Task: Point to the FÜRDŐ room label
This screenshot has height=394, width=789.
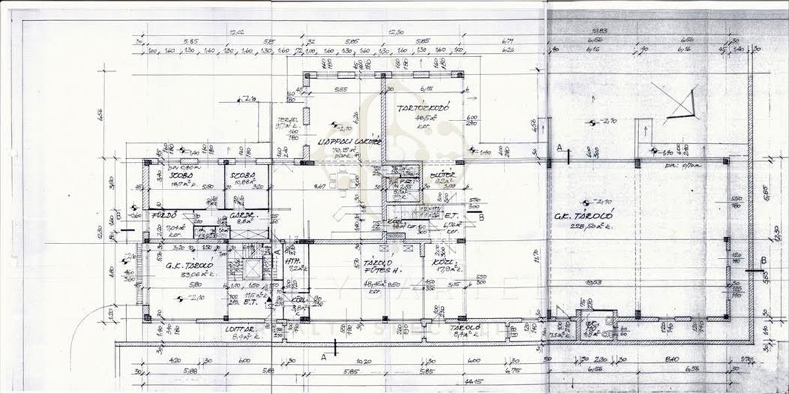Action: [x=161, y=215]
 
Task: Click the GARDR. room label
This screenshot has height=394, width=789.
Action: [x=242, y=215]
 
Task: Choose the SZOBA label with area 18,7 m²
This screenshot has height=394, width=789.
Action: [x=178, y=177]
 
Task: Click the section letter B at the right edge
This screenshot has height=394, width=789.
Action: [x=763, y=260]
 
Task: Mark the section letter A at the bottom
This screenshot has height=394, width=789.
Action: [x=323, y=356]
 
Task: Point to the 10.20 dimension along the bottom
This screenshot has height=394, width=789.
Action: [x=361, y=360]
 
